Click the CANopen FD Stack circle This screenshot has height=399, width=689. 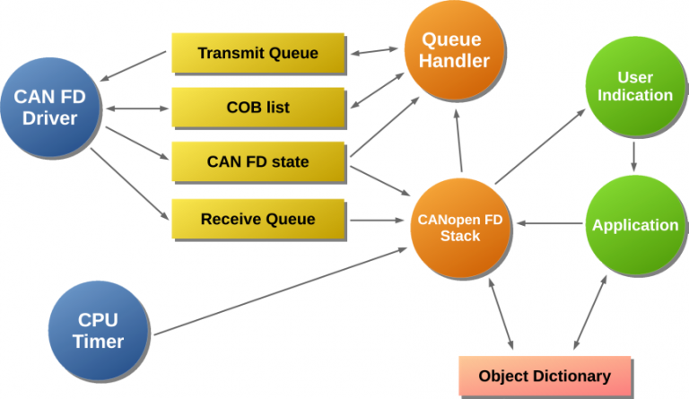pos(460,227)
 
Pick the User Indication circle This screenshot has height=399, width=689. pos(634,86)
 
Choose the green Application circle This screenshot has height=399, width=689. pos(634,225)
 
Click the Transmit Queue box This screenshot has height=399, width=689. pos(257,54)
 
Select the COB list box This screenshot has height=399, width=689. pos(257,108)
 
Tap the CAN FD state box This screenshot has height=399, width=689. pos(257,162)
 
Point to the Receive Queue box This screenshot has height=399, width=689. pos(257,219)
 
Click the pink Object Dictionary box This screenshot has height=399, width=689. pos(545,377)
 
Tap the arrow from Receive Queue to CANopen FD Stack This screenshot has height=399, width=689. pos(377,220)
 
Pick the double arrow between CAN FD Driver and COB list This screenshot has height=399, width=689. pos(137,109)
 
